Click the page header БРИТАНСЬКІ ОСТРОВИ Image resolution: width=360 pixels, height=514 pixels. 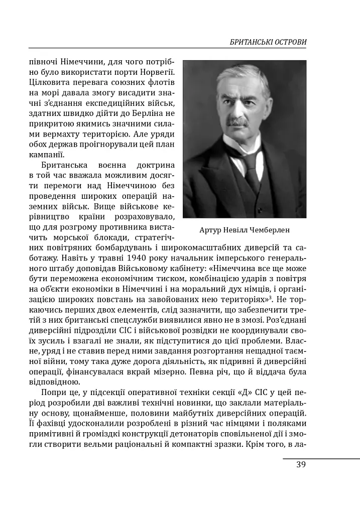[x=268, y=42]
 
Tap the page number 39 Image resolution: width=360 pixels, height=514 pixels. [x=301, y=464]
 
